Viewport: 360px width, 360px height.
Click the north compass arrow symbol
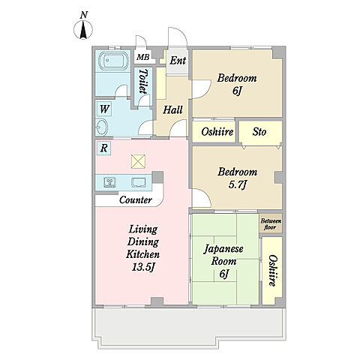click(x=83, y=30)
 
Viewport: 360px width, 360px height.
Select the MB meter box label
click(x=143, y=57)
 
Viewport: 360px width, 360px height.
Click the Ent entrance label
click(x=178, y=61)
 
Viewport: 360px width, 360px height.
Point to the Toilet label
click(x=143, y=81)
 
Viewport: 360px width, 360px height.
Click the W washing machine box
click(x=104, y=109)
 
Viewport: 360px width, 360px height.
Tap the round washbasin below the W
click(x=102, y=127)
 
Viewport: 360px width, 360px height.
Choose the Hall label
click(x=172, y=109)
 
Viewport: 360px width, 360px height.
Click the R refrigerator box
click(x=103, y=148)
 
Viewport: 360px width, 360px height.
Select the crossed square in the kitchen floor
click(x=138, y=161)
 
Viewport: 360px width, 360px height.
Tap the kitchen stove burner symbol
click(x=109, y=182)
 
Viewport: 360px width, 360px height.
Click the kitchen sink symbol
click(x=139, y=182)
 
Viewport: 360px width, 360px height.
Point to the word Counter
click(x=136, y=199)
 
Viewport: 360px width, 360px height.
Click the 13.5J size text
click(x=142, y=267)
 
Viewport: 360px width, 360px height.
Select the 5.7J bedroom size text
click(x=238, y=184)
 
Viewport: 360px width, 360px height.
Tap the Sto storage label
click(x=259, y=132)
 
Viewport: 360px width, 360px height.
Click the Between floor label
click(x=271, y=224)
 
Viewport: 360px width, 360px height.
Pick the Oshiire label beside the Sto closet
click(x=217, y=132)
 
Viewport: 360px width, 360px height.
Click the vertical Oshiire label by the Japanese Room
click(x=273, y=271)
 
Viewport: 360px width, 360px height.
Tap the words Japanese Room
click(x=223, y=255)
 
